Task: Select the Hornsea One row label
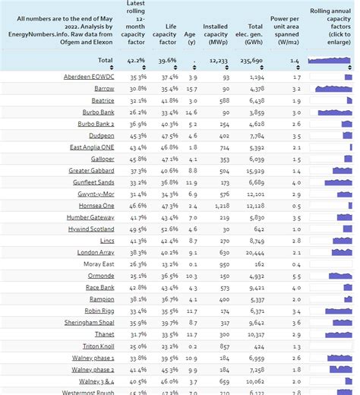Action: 97,205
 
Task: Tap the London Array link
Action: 96,252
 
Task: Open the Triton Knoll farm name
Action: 96,346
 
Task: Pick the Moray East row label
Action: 98,264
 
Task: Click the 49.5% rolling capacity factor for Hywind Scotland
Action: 137,229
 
